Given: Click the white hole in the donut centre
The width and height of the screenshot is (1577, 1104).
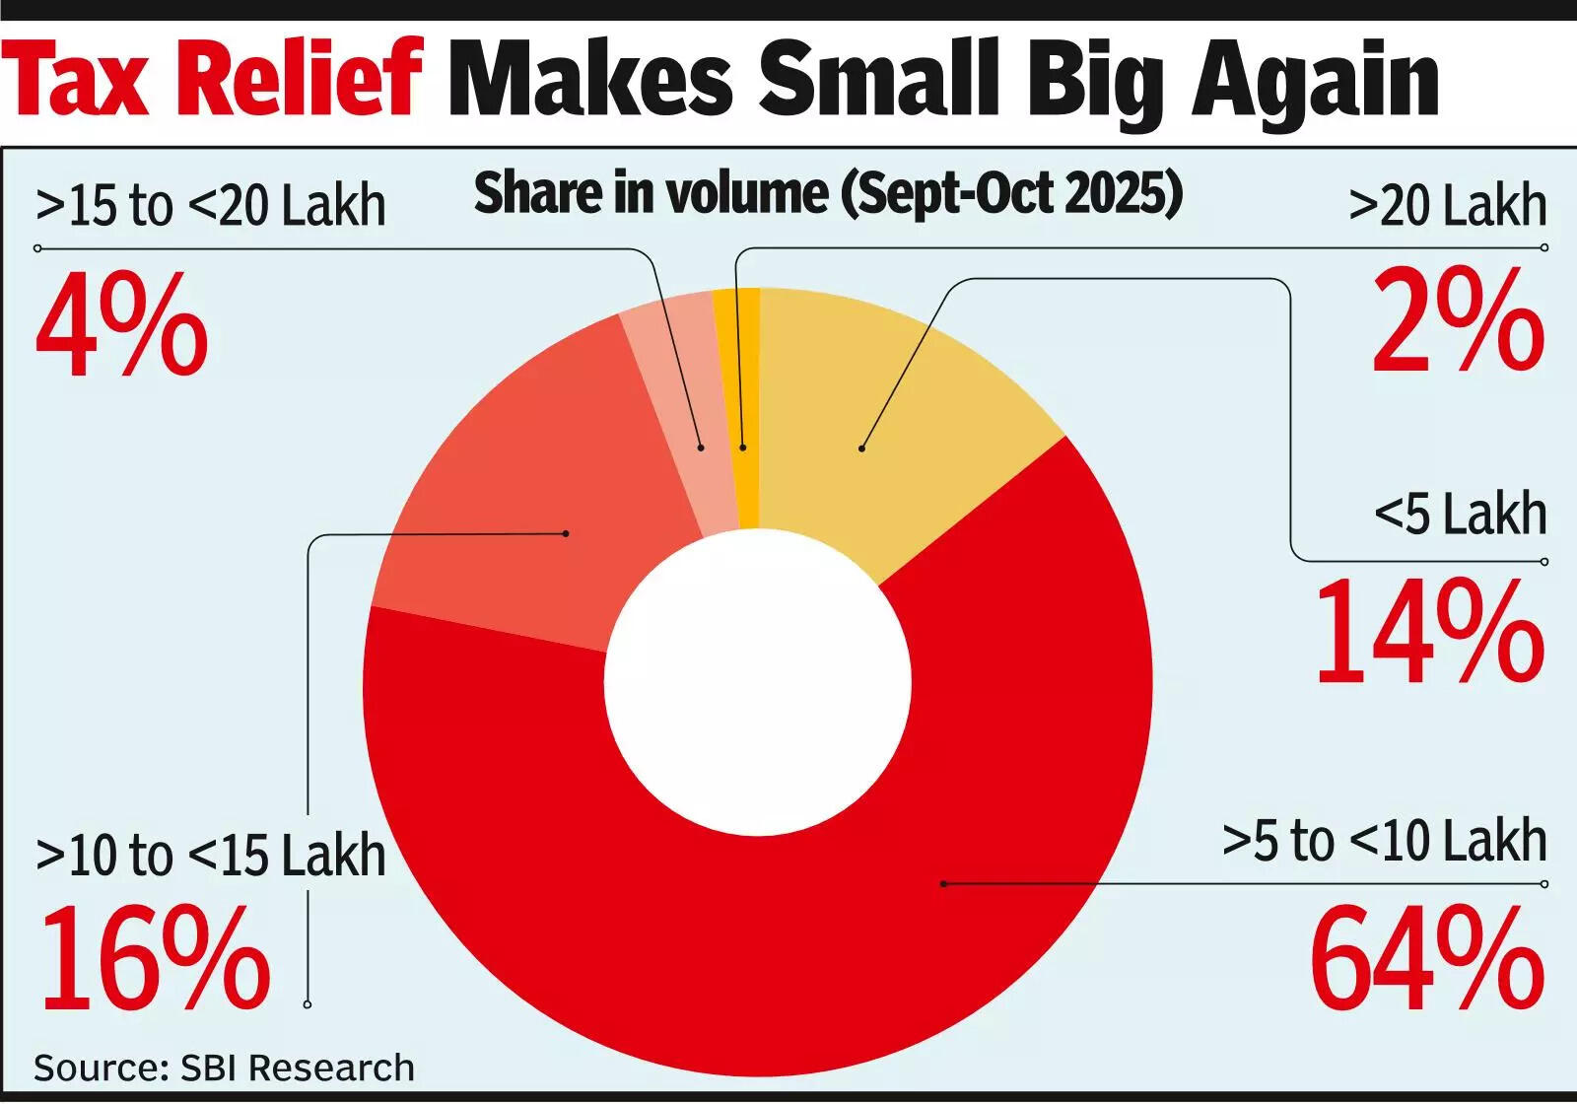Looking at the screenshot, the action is pos(758,681).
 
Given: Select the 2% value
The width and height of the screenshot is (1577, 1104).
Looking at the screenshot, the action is pos(1459,320).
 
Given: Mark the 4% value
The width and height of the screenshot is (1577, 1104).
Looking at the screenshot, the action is pos(122,325).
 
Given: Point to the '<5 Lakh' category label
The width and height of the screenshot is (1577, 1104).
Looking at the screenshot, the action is pos(1460,515).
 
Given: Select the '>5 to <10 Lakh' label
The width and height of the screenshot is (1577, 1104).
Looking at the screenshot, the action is pos(1384,841).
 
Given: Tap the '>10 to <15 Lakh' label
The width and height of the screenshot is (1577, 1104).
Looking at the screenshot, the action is pos(211,856).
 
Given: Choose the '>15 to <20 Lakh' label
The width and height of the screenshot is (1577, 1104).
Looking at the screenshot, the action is pos(211,206).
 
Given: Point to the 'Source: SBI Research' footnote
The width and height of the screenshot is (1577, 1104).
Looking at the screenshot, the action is pos(224,1068).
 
